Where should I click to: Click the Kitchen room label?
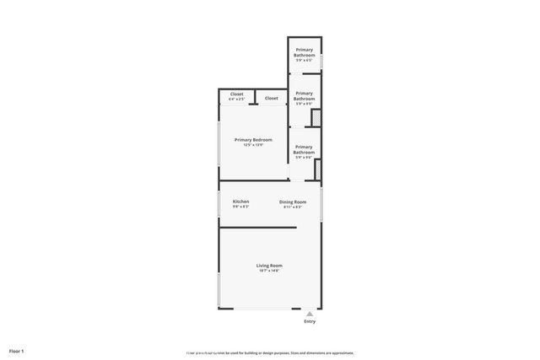pyautogui.click(x=240, y=201)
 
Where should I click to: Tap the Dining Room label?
pyautogui.click(x=293, y=201)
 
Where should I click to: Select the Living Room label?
pyautogui.click(x=269, y=266)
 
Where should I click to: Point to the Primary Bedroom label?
pyautogui.click(x=253, y=139)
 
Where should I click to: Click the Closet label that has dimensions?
pyautogui.click(x=236, y=94)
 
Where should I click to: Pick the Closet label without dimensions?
pyautogui.click(x=271, y=98)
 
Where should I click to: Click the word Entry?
pyautogui.click(x=310, y=321)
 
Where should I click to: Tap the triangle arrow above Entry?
pyautogui.click(x=310, y=314)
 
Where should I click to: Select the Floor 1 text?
pyautogui.click(x=17, y=350)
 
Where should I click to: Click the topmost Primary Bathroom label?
pyautogui.click(x=304, y=53)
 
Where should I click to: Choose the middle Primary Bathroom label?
pyautogui.click(x=304, y=95)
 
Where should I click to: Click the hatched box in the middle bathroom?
pyautogui.click(x=316, y=118)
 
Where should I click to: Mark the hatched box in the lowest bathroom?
pyautogui.click(x=318, y=169)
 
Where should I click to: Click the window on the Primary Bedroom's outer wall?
pyautogui.click(x=219, y=148)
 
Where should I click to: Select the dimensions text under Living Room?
pyautogui.click(x=269, y=271)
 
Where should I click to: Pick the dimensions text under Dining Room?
pyautogui.click(x=293, y=207)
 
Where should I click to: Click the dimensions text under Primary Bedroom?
pyautogui.click(x=253, y=145)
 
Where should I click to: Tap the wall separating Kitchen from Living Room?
pyautogui.click(x=258, y=228)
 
